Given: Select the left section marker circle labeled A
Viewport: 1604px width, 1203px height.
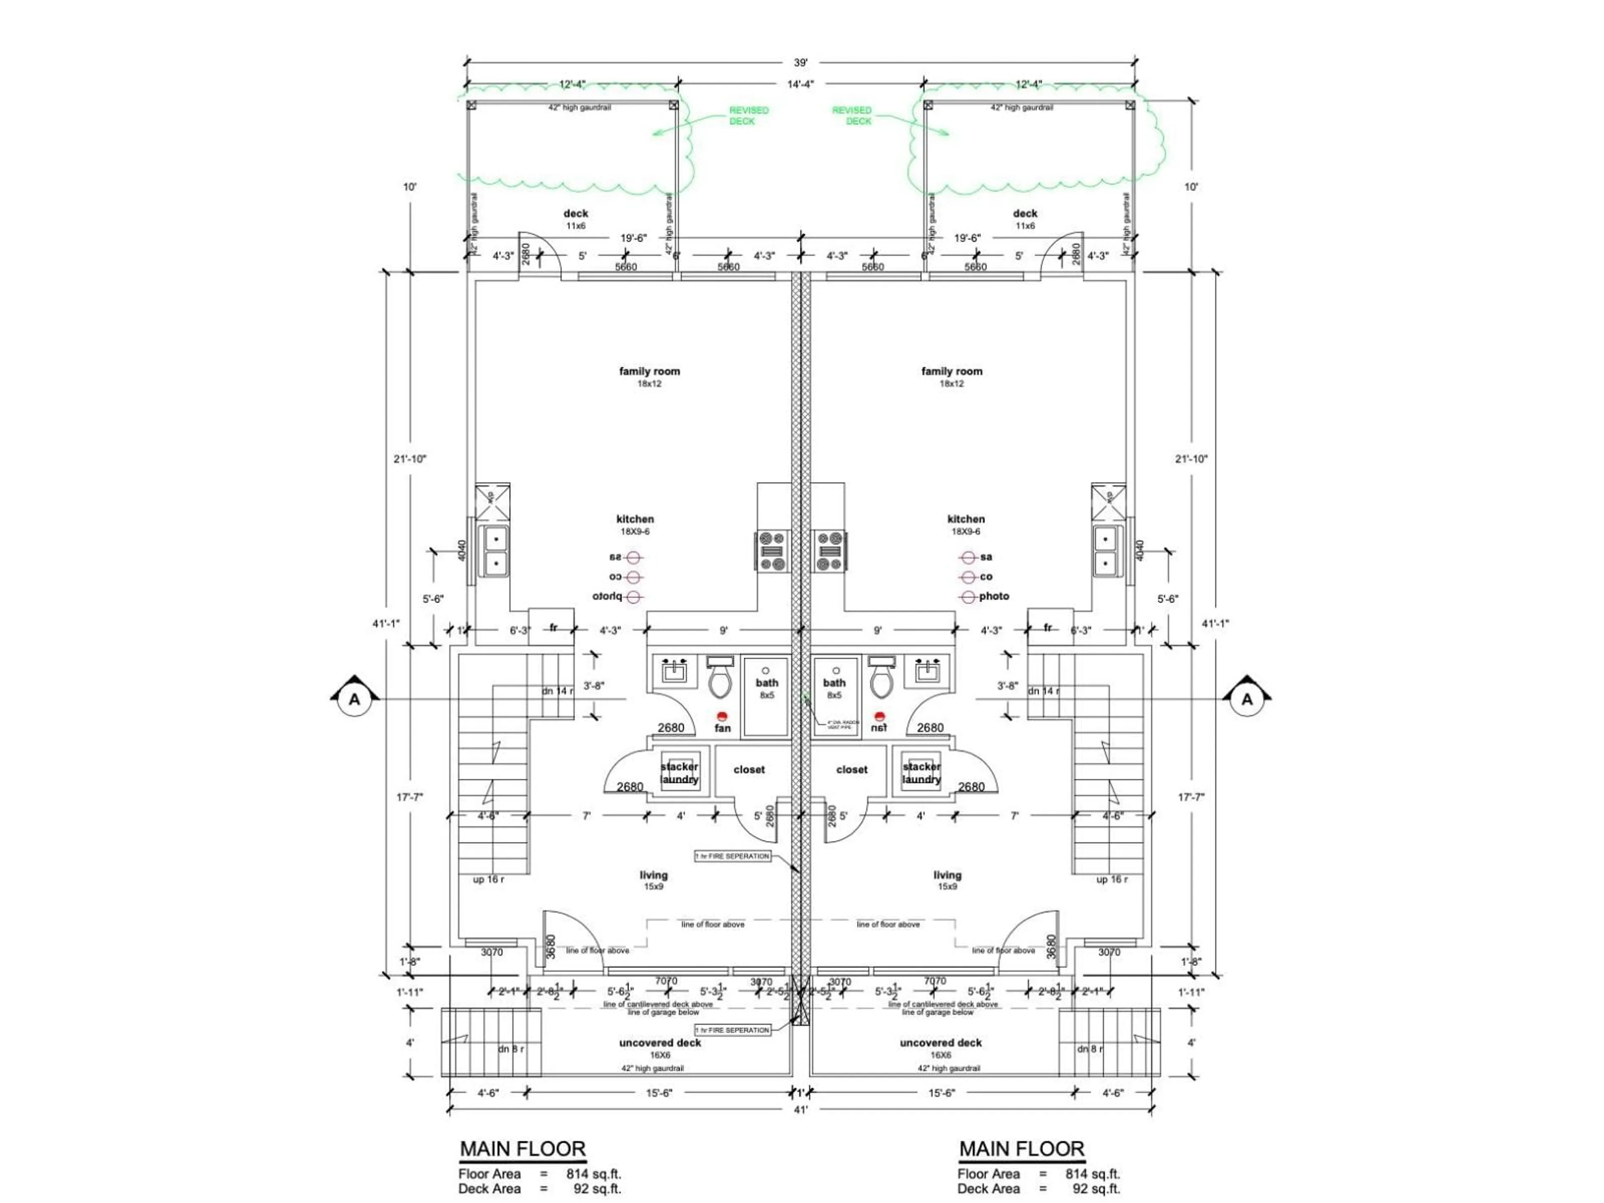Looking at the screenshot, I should pos(354,699).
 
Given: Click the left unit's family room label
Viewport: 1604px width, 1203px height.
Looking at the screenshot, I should pos(649,371).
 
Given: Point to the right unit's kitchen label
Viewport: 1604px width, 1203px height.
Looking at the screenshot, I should pos(966,519).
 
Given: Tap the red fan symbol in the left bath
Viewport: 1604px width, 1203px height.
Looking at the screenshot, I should pos(721,716).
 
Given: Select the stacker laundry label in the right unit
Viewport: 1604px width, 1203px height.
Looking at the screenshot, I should pos(921,773).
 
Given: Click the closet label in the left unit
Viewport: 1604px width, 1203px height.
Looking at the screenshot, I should pos(749,769).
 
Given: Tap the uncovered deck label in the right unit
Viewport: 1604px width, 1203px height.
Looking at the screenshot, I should pos(941,1043).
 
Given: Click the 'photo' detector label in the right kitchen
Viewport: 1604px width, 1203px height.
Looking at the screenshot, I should pos(993,596).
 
